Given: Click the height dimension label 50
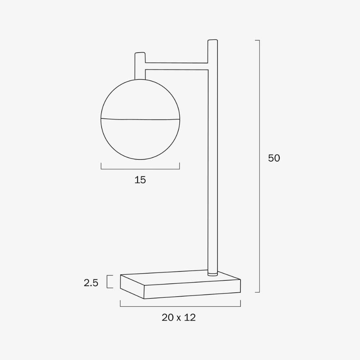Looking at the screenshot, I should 274,158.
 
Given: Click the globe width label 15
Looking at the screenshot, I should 140,180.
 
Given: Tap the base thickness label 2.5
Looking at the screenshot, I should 91,283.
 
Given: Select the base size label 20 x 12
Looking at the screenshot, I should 179,318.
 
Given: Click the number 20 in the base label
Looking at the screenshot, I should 168,318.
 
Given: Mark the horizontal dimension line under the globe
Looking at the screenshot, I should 140,168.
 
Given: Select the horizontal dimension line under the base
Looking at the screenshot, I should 180,306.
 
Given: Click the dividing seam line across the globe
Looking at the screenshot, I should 140,119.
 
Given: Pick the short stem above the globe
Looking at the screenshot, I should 140,67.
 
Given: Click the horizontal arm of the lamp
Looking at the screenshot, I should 176,66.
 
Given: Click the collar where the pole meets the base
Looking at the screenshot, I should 213,273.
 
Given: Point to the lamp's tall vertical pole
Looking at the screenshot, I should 212,162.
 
